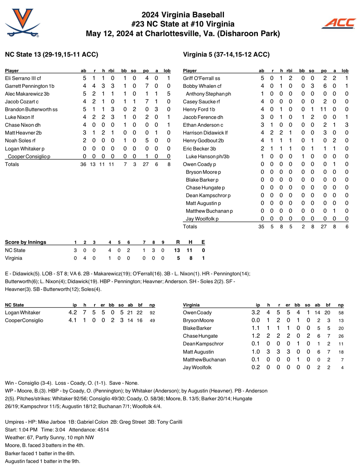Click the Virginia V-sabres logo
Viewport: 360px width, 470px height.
pyautogui.click(x=22, y=23)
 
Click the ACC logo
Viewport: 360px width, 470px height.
pyautogui.click(x=339, y=23)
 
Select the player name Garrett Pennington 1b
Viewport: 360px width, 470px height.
pyautogui.click(x=30, y=86)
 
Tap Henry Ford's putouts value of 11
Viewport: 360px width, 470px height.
pyautogui.click(x=323, y=109)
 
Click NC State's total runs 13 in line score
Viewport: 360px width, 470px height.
pyautogui.click(x=177, y=250)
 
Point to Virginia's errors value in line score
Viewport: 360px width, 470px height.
pyautogui.click(x=203, y=258)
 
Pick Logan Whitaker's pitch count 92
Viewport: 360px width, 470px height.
pyautogui.click(x=152, y=313)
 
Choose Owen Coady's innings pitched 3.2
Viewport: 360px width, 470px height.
pyautogui.click(x=256, y=313)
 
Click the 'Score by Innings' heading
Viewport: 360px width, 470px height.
pyautogui.click(x=25, y=242)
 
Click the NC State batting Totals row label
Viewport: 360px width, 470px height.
pyautogui.click(x=12, y=164)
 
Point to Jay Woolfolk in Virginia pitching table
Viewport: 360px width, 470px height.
pyautogui.click(x=197, y=367)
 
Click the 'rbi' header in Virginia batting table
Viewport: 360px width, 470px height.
pyautogui.click(x=289, y=71)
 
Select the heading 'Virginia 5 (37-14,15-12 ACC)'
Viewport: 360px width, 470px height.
pyautogui.click(x=226, y=55)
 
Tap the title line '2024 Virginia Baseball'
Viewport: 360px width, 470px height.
pyautogui.click(x=183, y=15)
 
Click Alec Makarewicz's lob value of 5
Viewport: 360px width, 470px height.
pyautogui.click(x=169, y=94)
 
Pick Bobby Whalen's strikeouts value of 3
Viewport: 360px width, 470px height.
pyautogui.click(x=312, y=86)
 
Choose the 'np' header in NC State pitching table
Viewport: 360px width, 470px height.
pyautogui.click(x=152, y=305)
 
